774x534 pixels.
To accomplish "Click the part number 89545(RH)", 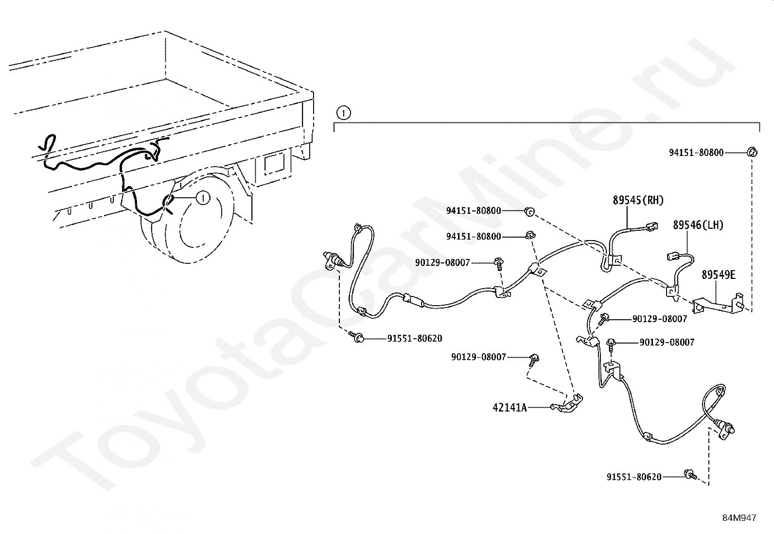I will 638,200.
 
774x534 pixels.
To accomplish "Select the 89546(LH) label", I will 698,225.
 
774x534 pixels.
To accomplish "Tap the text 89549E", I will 718,275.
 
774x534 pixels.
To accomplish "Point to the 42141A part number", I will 510,407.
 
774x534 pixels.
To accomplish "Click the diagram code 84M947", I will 739,518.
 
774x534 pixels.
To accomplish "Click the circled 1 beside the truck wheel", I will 203,197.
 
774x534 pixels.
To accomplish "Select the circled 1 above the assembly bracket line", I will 343,114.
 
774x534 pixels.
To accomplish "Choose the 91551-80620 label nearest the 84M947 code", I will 633,477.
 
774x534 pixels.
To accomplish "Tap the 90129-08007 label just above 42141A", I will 478,357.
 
